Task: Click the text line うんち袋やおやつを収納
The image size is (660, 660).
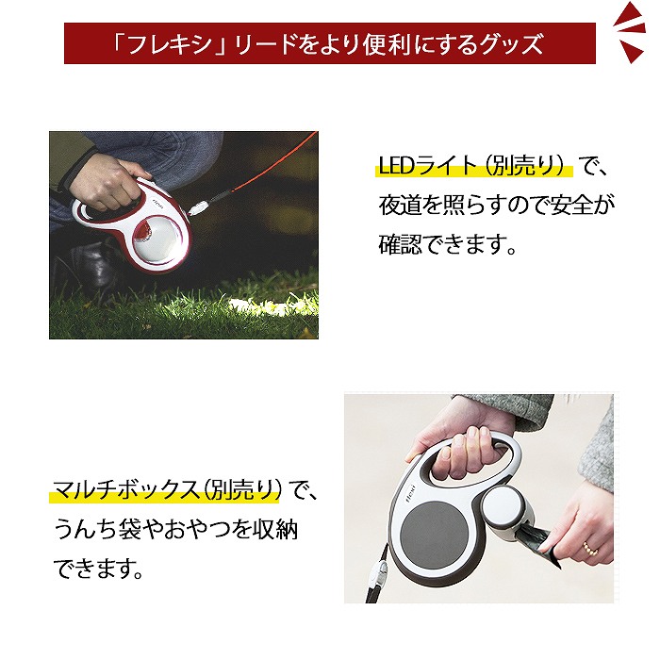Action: [x=175, y=531]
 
